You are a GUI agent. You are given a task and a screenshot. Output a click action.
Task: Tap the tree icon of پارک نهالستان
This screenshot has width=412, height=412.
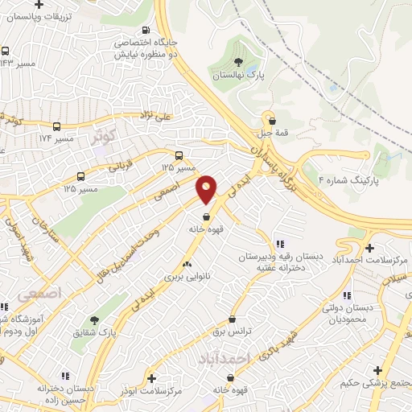click(x=237, y=61)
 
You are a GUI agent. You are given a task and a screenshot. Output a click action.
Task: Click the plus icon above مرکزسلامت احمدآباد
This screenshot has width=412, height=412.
click(x=369, y=248)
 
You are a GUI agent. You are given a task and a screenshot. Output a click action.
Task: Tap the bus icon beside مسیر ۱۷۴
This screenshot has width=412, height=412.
click(x=56, y=126)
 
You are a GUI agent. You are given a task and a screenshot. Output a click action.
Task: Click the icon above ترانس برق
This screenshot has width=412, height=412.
click(x=232, y=319)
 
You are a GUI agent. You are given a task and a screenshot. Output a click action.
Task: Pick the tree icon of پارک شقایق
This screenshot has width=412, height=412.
click(x=94, y=320)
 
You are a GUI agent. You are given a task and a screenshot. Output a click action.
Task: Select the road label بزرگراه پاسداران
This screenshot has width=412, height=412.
click(x=274, y=160)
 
